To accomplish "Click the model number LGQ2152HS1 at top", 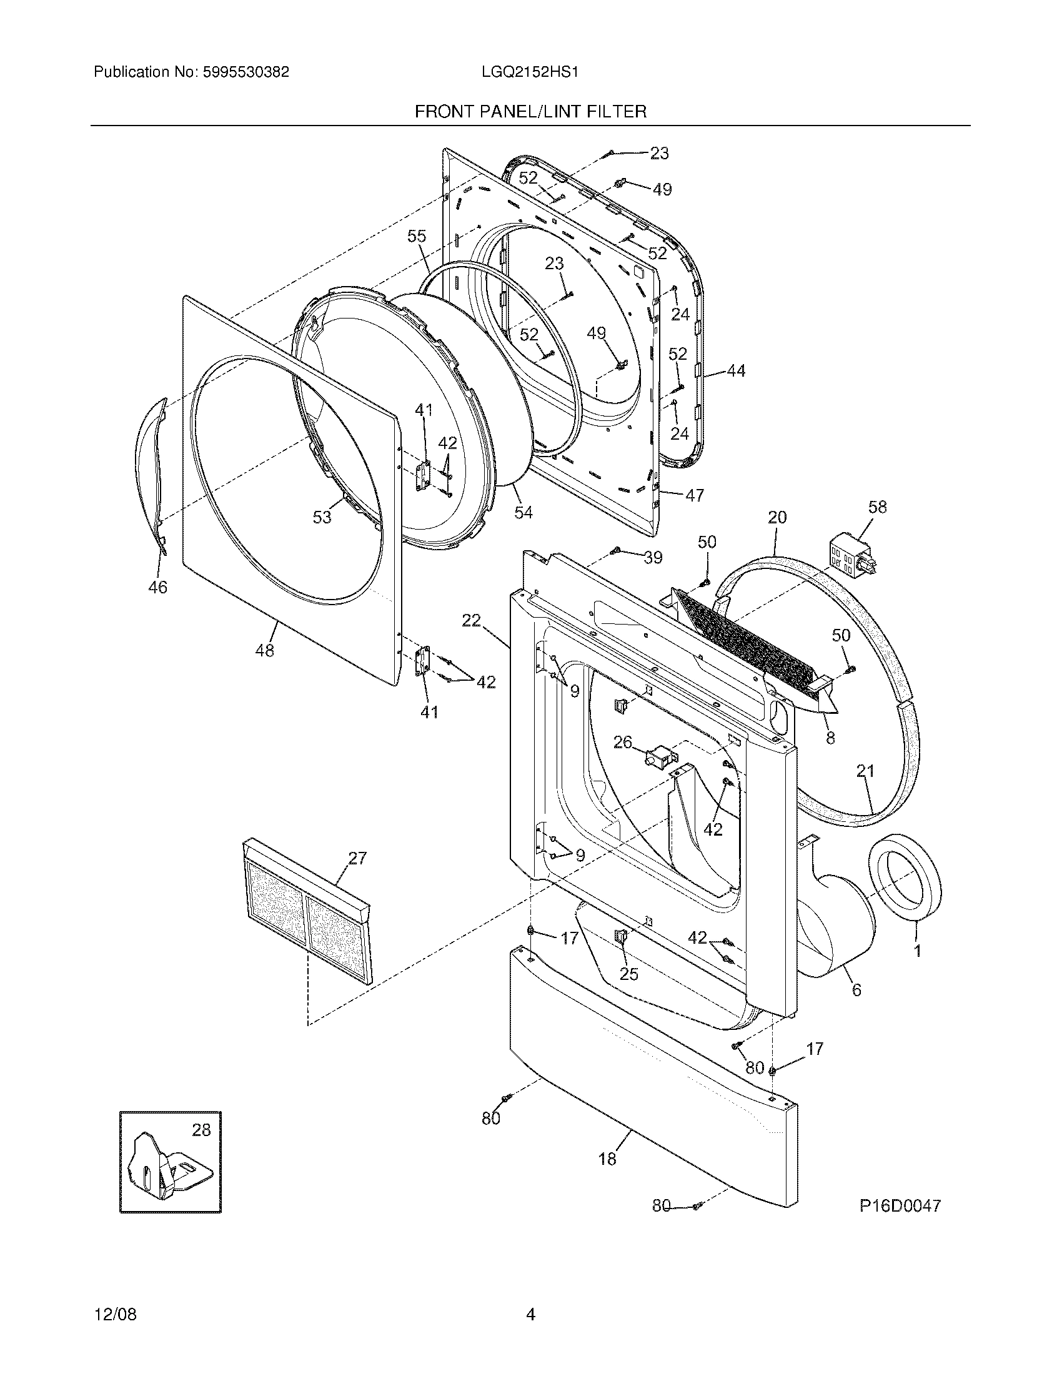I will coord(530,72).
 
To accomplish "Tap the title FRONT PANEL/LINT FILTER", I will coord(530,112).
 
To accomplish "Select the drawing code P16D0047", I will coord(900,1206).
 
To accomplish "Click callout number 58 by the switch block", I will coord(877,507).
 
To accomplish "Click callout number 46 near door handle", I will coord(157,587).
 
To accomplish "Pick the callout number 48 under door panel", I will coord(264,651).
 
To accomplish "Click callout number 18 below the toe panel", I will coord(607,1158).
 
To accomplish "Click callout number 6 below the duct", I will coord(856,990).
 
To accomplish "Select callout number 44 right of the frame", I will coord(735,370).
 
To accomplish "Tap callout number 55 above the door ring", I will coord(417,236).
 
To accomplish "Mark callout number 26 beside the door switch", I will coord(622,743).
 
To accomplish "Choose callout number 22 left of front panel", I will coord(471,620).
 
